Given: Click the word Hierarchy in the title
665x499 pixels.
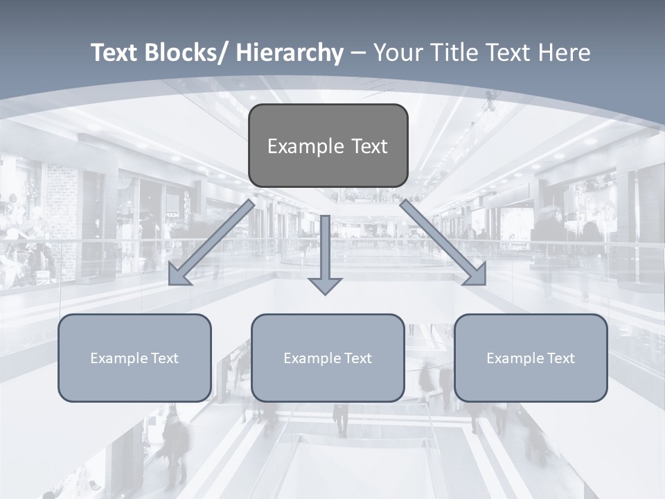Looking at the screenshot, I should [290, 53].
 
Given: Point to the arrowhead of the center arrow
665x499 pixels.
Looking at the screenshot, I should [325, 285].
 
